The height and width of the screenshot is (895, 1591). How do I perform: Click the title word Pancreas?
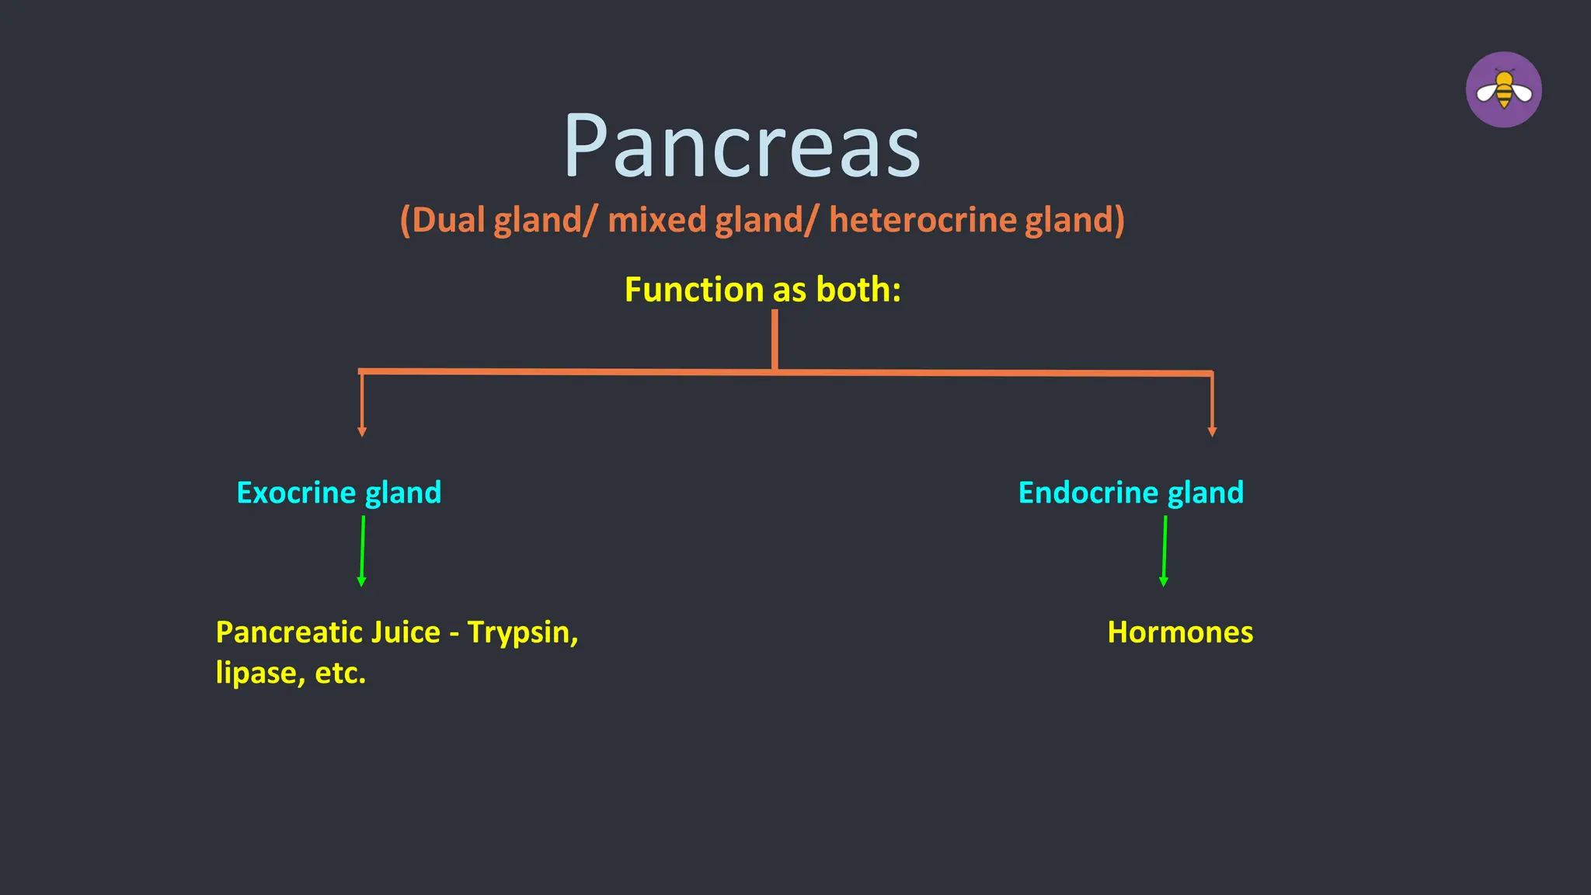point(742,146)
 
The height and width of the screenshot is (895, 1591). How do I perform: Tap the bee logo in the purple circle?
point(1503,90)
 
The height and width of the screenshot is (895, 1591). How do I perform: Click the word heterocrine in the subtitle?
point(923,220)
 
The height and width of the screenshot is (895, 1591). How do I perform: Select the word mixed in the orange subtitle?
point(657,220)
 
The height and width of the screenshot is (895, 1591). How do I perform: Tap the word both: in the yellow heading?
point(858,290)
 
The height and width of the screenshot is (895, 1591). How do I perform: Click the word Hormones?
point(1179,632)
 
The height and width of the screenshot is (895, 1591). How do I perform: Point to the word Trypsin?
point(522,633)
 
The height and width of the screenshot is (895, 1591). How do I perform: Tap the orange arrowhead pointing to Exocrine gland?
point(362,432)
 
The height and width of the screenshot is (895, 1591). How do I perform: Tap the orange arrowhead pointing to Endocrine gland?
point(1212,432)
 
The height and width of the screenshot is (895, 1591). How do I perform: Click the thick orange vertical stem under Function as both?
point(775,339)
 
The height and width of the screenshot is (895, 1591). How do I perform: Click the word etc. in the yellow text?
point(340,673)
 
